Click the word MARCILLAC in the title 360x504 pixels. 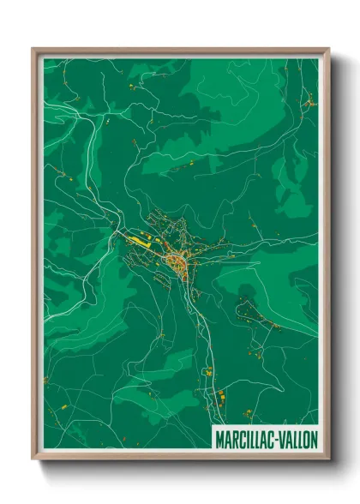tap(244, 438)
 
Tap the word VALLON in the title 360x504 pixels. tap(297, 438)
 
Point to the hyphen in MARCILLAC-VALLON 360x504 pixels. tap(275, 438)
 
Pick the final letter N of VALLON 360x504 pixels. tap(314, 438)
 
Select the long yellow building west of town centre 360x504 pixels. tap(137, 242)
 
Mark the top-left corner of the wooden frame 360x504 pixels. tap(33, 49)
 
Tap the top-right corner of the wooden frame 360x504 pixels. tap(329, 49)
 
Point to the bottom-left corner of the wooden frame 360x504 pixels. tap(33, 460)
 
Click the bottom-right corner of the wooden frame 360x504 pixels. tap(329, 460)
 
